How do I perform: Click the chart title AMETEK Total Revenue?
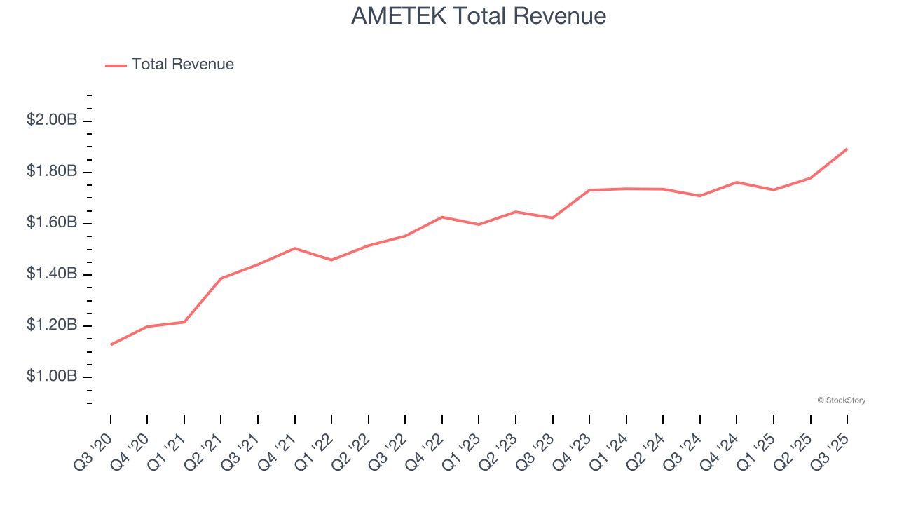coord(479,15)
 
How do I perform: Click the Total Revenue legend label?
coord(182,65)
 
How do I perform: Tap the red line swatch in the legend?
coord(116,65)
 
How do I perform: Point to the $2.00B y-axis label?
coord(52,120)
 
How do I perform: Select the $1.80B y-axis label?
coord(52,171)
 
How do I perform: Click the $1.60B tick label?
coord(52,222)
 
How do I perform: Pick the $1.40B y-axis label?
coord(52,274)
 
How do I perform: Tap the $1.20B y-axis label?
coord(52,325)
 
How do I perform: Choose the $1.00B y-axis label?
coord(52,377)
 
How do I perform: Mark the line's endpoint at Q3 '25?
coord(847,149)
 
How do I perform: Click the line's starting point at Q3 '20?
coord(111,344)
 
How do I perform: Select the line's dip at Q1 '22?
coord(331,260)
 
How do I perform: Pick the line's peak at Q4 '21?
coord(294,248)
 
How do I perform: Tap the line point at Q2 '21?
coord(221,278)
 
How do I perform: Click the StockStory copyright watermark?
coord(841,400)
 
